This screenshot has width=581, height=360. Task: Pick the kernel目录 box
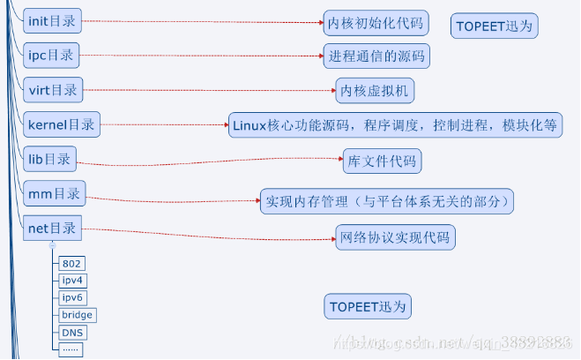[61, 125]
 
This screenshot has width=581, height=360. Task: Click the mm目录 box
[54, 194]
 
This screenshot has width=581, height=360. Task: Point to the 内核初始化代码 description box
[375, 22]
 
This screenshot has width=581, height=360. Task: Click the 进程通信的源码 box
[376, 56]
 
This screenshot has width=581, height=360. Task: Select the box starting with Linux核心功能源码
[396, 125]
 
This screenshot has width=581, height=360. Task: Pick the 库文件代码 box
[382, 162]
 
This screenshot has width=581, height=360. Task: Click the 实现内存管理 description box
[387, 200]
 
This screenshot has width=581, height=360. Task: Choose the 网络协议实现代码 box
[395, 237]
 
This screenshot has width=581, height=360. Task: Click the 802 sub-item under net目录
[71, 264]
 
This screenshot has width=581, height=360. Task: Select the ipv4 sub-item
[72, 281]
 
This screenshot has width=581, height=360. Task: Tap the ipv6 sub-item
[72, 297]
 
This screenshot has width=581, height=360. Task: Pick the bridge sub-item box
[77, 315]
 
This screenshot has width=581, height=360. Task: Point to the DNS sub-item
[71, 333]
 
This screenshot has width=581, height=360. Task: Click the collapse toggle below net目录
[52, 245]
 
